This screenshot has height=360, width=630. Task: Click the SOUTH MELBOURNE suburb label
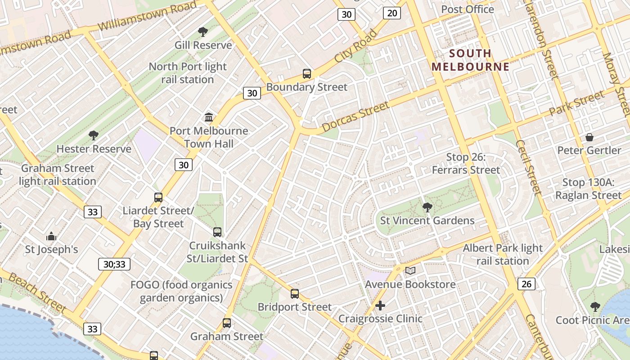click(470, 60)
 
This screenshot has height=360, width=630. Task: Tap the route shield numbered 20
click(392, 13)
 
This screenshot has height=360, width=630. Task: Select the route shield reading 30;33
click(114, 264)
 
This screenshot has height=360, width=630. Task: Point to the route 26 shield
click(526, 283)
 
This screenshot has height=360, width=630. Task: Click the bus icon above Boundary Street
click(307, 74)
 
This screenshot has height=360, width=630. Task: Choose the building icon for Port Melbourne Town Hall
click(209, 117)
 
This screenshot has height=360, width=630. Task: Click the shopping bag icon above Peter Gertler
click(589, 137)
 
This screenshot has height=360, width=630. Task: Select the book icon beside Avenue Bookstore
click(410, 270)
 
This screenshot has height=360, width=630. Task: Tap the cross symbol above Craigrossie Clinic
click(380, 306)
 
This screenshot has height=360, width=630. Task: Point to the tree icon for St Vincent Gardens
click(427, 207)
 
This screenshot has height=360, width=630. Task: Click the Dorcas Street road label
click(355, 117)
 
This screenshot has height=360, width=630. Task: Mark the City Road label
click(356, 46)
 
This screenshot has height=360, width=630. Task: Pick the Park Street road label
click(577, 103)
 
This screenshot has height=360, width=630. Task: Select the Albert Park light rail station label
click(503, 254)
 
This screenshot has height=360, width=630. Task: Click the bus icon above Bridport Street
click(295, 294)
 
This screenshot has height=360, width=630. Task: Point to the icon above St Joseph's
click(51, 236)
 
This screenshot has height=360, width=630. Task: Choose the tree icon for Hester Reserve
click(94, 135)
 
